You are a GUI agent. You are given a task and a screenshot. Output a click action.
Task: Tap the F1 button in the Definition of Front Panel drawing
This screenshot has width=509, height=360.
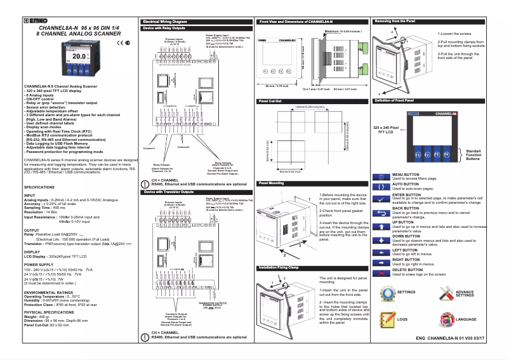[417, 154]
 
